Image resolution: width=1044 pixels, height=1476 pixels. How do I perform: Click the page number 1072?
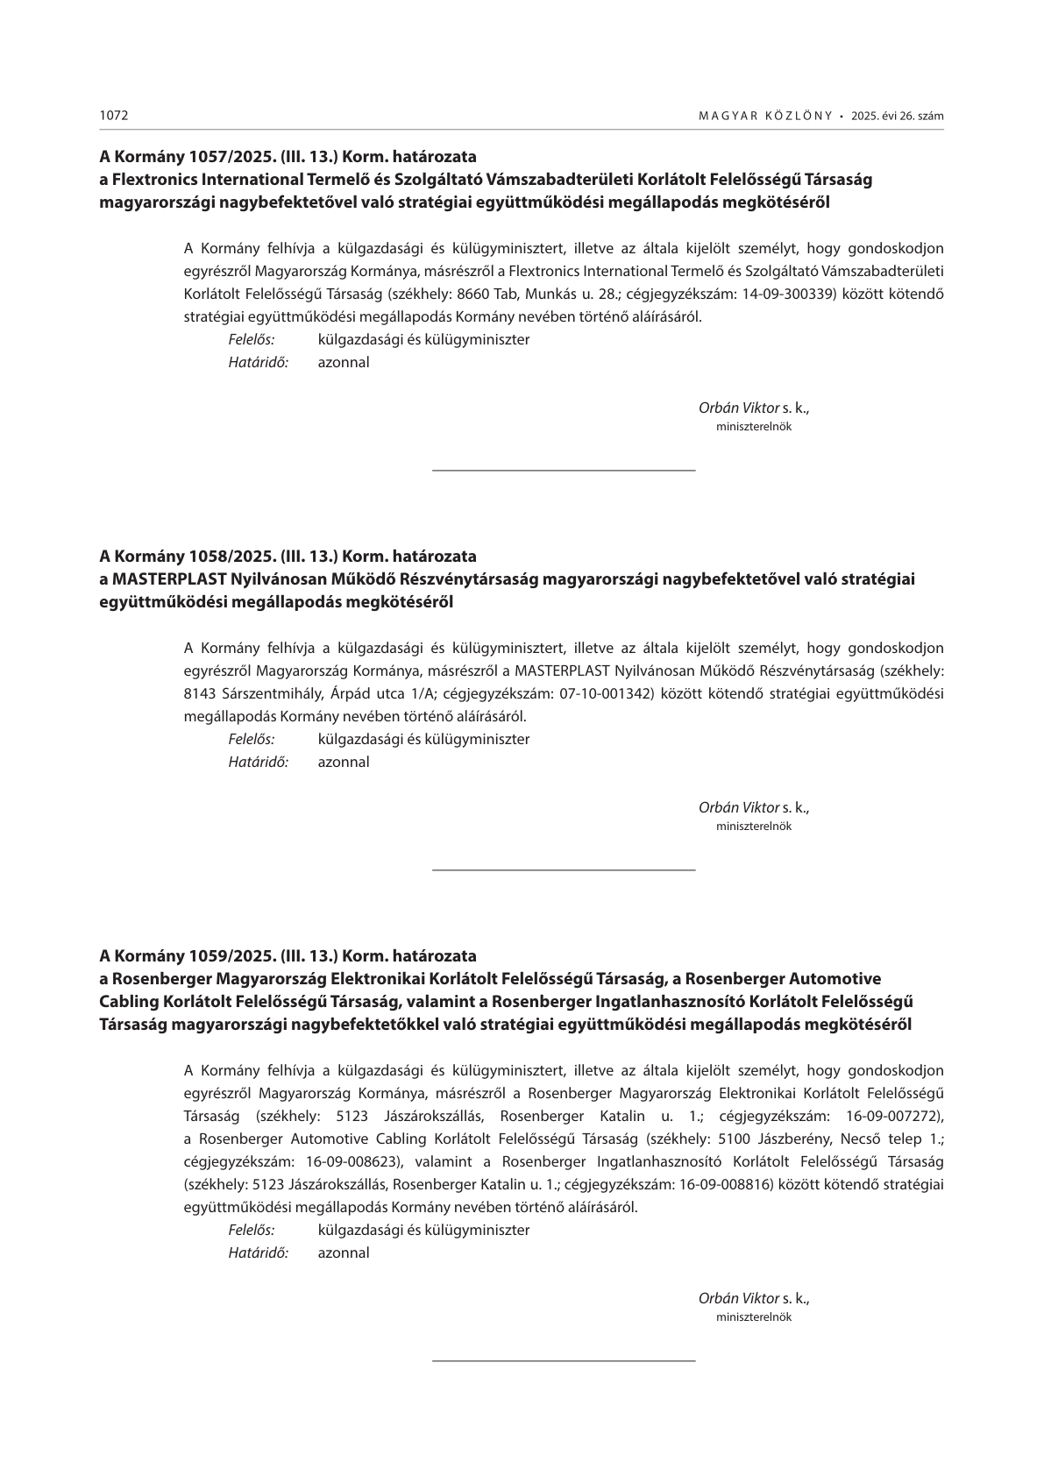point(114,116)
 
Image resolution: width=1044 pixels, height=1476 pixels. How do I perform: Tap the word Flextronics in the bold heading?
point(156,180)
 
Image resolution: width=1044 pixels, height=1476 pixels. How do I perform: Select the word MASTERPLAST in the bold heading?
point(168,579)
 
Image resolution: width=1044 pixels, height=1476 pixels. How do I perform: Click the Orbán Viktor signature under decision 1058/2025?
point(739,807)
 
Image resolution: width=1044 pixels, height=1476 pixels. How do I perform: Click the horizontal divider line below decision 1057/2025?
point(564,472)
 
